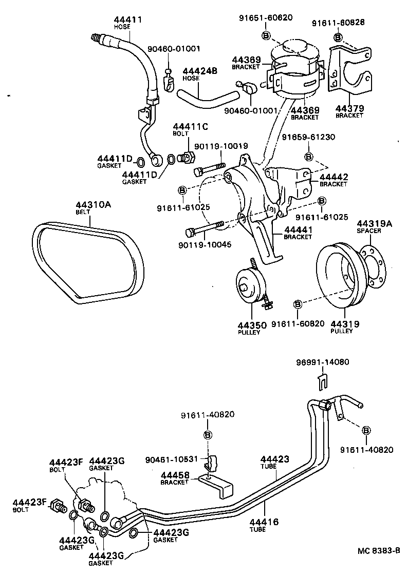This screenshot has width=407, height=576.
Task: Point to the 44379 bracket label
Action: (349, 109)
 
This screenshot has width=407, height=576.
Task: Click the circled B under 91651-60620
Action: (266, 35)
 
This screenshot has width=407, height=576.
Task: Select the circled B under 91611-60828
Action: (338, 37)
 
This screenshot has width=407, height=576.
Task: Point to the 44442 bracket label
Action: (334, 177)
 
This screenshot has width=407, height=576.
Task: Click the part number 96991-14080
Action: (323, 362)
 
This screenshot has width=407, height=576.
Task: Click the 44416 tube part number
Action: (264, 522)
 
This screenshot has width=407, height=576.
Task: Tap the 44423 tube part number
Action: (274, 459)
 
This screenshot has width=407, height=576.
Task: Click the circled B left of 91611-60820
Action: (297, 305)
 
